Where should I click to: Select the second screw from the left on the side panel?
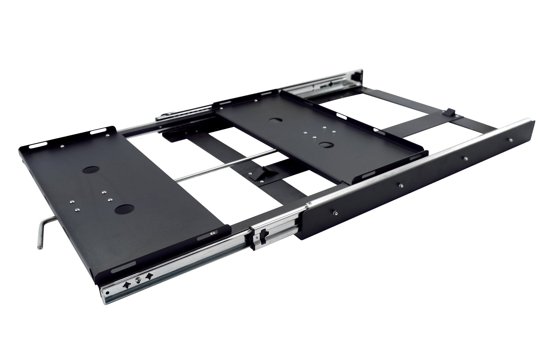pos(401,185)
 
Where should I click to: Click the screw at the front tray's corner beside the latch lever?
pos(213,233)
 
